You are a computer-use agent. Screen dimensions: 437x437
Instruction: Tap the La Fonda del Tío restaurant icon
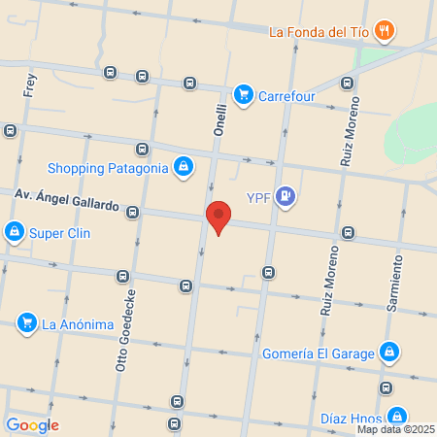[386, 31]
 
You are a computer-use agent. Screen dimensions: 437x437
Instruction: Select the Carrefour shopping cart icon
[243, 93]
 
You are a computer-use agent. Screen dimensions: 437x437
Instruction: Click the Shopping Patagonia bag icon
[183, 167]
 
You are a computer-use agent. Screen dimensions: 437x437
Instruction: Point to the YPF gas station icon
[285, 197]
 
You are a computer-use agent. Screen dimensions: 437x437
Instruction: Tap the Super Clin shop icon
[14, 232]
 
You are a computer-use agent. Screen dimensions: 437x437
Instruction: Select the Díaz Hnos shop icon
[387, 420]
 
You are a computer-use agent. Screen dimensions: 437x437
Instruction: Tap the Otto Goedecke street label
[124, 331]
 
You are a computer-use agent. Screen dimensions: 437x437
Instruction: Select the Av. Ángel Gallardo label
[66, 199]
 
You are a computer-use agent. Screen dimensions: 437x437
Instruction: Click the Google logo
[32, 425]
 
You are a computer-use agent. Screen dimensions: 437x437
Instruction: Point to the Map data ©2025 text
[395, 429]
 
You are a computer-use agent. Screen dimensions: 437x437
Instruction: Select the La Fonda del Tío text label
[319, 31]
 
